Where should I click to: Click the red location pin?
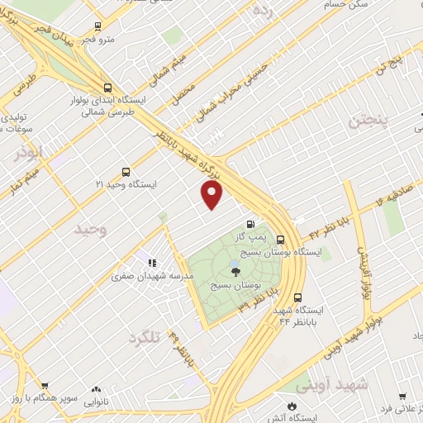pos(212,195)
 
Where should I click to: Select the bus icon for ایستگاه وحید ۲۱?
pos(125,173)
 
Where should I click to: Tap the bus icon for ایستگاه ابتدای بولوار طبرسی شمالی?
pos(108,87)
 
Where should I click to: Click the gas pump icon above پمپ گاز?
pos(250,224)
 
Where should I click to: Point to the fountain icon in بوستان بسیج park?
pos(235,269)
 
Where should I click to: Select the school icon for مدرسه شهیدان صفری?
pos(152,263)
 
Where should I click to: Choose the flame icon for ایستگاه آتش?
pos(291,404)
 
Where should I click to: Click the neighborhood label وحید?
pos(90,228)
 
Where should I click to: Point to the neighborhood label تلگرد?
pos(146,337)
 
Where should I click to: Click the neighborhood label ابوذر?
pos(27,152)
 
